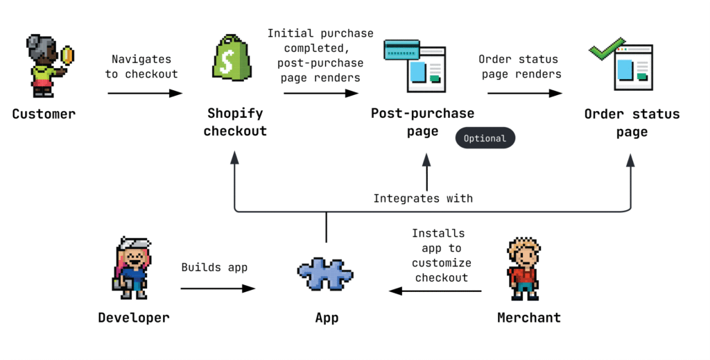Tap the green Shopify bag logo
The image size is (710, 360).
[x=232, y=58]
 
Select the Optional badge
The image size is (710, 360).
[x=485, y=138]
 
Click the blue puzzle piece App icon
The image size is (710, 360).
[x=325, y=273]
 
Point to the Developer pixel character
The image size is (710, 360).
[x=132, y=268]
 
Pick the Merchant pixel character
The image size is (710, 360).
[x=524, y=268]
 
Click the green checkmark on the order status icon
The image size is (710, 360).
[x=607, y=49]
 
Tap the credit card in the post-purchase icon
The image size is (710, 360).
[x=401, y=50]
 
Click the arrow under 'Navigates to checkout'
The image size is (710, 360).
[x=145, y=93]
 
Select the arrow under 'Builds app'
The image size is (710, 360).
[x=218, y=289]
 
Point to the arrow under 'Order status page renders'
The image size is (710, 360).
[x=525, y=93]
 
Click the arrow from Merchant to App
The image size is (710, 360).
[x=435, y=291]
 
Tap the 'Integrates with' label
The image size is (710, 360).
[x=423, y=198]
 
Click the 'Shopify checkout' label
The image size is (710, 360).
[x=235, y=122]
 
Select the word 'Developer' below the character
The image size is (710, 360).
[x=134, y=318]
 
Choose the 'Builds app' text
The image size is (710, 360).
[x=214, y=267]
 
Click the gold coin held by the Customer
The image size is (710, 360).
[x=67, y=55]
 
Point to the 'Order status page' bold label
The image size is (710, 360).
[x=632, y=123]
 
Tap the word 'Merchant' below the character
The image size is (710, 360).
[x=529, y=318]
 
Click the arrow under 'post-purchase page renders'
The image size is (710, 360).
[x=321, y=93]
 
